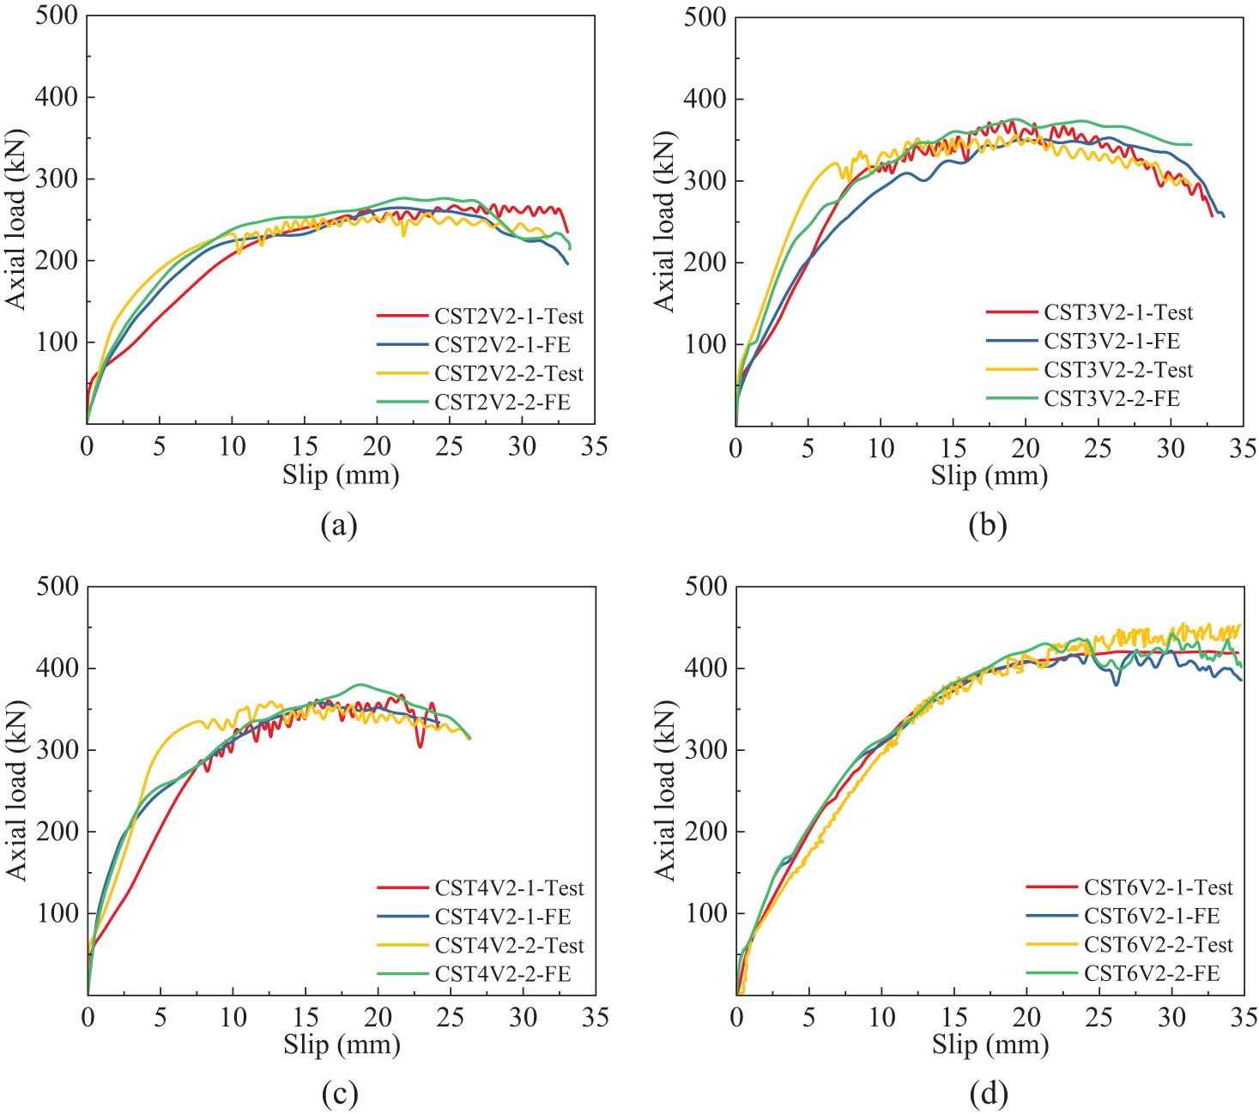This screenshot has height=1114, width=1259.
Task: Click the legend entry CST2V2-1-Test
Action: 508,316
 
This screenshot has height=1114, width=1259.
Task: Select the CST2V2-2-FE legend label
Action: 502,402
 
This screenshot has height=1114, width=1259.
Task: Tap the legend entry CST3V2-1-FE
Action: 1111,341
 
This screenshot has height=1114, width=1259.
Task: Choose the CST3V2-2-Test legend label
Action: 1118,370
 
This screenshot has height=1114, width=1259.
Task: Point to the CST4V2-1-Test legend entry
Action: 509,887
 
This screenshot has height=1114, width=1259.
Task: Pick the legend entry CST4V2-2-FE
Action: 502,974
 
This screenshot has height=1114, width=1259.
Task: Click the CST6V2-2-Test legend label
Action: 1158,944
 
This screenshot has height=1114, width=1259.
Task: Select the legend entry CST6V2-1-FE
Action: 1151,916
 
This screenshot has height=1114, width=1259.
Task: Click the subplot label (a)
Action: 338,524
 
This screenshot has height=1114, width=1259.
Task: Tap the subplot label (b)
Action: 987,524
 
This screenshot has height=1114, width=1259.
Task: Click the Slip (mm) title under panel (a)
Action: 341,475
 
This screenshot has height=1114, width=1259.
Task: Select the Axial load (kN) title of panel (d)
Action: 665,790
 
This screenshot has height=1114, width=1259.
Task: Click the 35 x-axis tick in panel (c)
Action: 595,1018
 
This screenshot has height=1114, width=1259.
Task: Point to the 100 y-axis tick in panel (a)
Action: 57,342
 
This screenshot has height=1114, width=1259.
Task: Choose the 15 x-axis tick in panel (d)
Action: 953,1018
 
